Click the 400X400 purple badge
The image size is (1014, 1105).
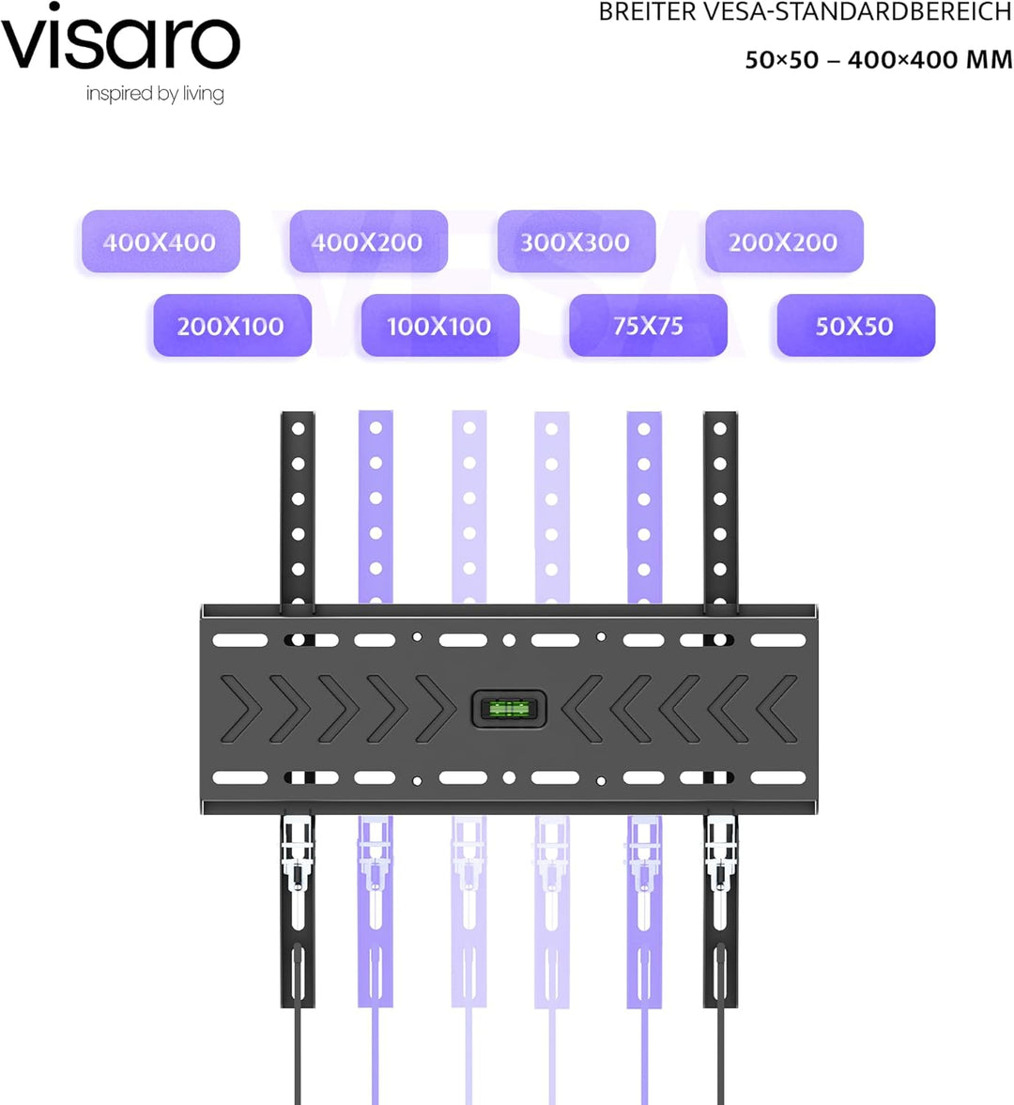(161, 241)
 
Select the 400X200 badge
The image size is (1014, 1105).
(369, 241)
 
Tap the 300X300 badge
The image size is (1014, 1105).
(576, 241)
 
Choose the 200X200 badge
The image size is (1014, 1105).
(784, 241)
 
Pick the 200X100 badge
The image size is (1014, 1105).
(233, 325)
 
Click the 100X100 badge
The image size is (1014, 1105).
(440, 325)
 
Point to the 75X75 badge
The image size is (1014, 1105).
(648, 325)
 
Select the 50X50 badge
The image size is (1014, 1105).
(856, 325)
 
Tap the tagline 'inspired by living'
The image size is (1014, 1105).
(155, 94)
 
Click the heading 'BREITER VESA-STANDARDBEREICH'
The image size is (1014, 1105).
(805, 12)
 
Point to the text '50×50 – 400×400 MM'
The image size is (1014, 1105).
(879, 60)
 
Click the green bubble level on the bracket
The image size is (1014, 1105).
(509, 708)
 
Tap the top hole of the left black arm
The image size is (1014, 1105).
(298, 428)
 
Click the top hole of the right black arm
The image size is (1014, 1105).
(720, 428)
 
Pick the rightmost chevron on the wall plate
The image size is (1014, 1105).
(780, 709)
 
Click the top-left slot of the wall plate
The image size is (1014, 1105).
(240, 640)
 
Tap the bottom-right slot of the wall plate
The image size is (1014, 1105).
(778, 778)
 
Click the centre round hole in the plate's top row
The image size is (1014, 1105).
(509, 640)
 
